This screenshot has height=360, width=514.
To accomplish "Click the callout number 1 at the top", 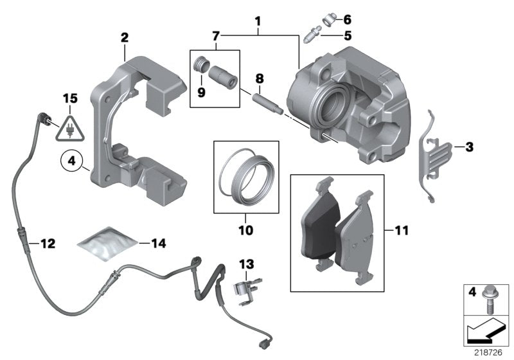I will point(258,21).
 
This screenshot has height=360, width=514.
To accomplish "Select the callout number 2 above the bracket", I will point(125,37).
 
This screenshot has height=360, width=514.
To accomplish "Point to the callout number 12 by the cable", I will point(48,244).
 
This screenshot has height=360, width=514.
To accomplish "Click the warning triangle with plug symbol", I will point(67,130).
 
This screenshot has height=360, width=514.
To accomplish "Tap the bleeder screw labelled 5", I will point(314,35).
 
